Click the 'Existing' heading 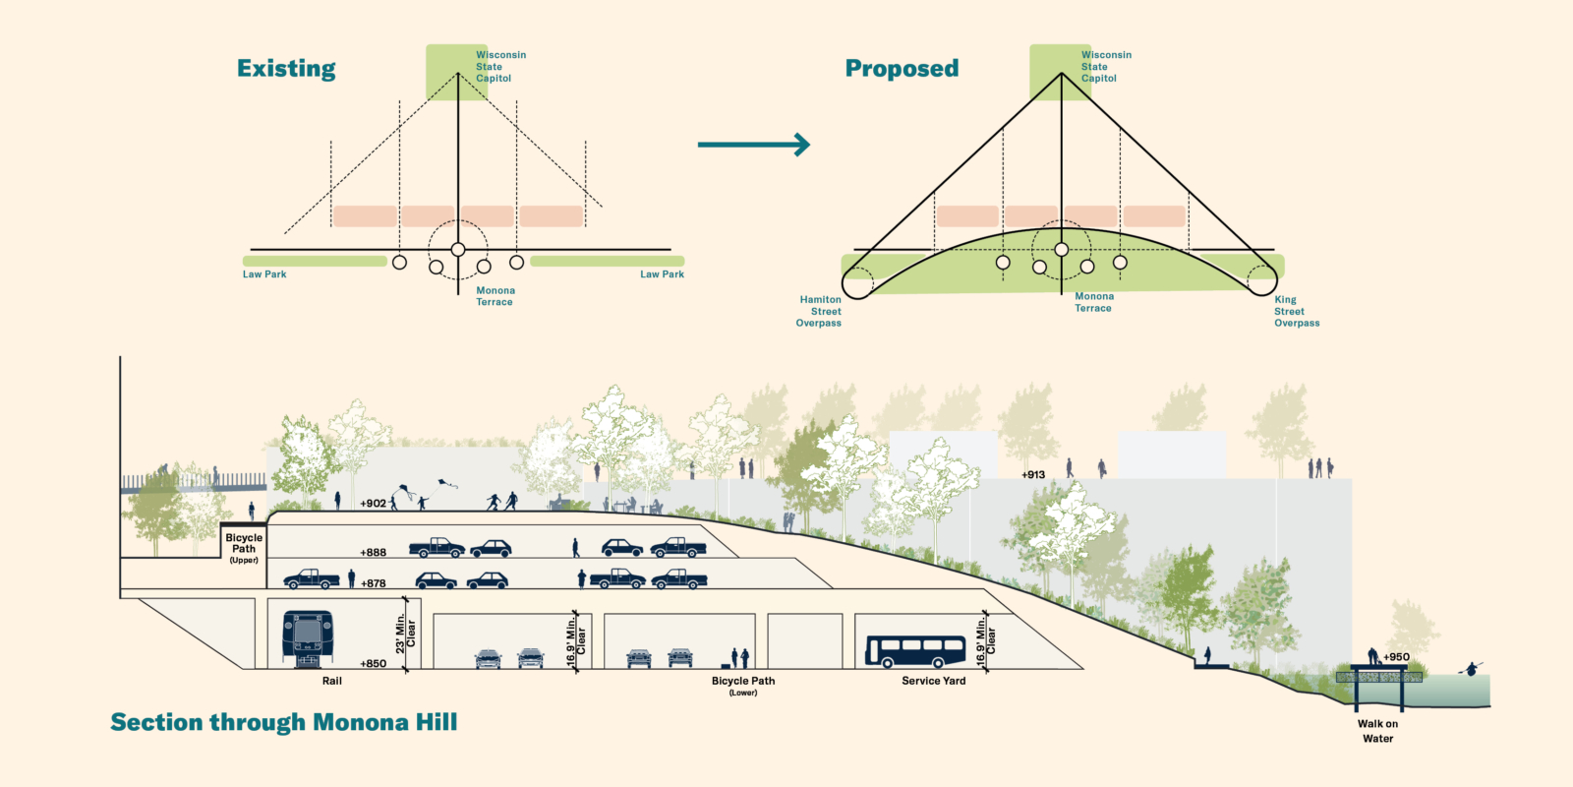coord(286,69)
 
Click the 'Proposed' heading coord(902,69)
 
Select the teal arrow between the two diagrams coord(753,145)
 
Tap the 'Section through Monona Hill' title coord(283,723)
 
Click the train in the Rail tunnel coord(307,635)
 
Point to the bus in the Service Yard coord(915,650)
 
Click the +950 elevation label coord(1396,657)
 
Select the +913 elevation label coord(1033,475)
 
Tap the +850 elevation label coord(373,664)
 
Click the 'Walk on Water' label coord(1377,731)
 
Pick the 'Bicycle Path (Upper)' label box coord(244,548)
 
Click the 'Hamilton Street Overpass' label coord(820,311)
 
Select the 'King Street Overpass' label coord(1296,311)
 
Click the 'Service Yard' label coord(933,681)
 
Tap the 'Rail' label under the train coord(332,681)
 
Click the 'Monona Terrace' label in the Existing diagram coord(495,296)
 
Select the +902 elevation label coord(373,504)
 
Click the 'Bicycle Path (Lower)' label coord(743,685)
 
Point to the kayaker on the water coord(1472,669)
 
